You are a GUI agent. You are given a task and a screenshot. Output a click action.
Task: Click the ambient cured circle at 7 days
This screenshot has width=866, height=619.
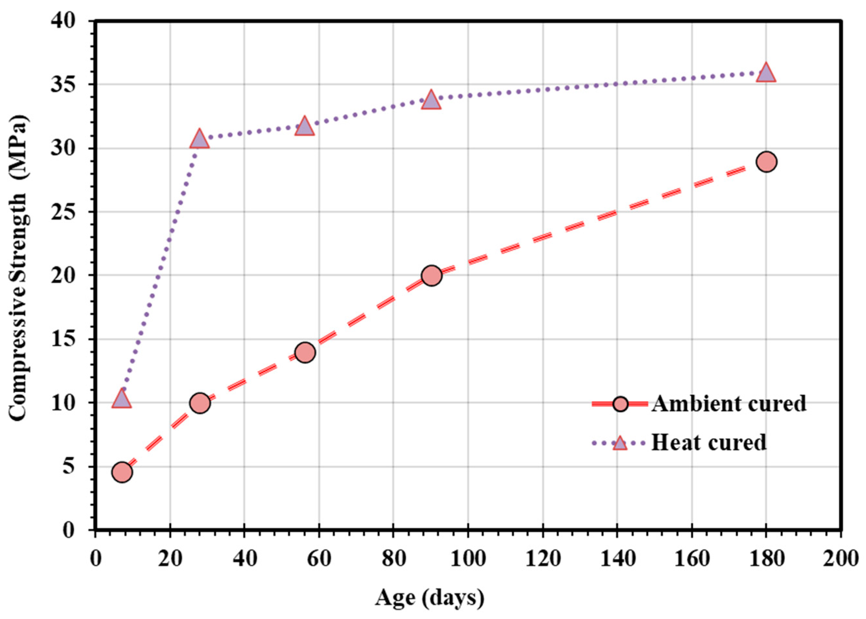122,472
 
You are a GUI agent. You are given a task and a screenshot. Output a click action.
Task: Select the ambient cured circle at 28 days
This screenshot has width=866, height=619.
200,402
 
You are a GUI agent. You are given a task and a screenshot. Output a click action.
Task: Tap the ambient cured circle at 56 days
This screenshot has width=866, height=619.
305,352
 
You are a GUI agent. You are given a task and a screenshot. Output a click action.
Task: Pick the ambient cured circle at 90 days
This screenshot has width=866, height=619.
432,275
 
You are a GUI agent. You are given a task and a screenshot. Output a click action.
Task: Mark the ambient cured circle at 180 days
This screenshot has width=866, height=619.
767,161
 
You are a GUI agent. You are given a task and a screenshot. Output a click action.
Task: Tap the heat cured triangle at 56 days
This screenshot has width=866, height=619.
304,127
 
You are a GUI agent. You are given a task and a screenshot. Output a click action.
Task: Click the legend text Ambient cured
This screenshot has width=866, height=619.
729,404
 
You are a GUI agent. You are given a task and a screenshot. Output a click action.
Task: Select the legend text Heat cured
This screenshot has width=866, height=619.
709,443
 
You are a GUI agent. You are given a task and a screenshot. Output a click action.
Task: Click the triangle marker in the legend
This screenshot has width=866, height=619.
620,443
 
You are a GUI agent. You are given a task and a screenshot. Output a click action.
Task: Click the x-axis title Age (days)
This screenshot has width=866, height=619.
430,598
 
